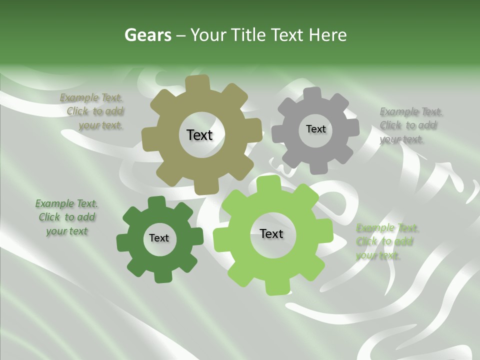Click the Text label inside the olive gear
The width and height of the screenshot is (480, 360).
coord(199,135)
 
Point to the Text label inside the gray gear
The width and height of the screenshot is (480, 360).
coord(315,129)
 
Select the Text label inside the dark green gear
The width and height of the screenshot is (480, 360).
coord(159,238)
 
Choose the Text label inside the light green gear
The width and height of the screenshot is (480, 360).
coord(271,233)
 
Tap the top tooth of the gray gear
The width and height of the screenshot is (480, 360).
coord(313,94)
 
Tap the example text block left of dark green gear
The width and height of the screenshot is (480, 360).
coord(67,217)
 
